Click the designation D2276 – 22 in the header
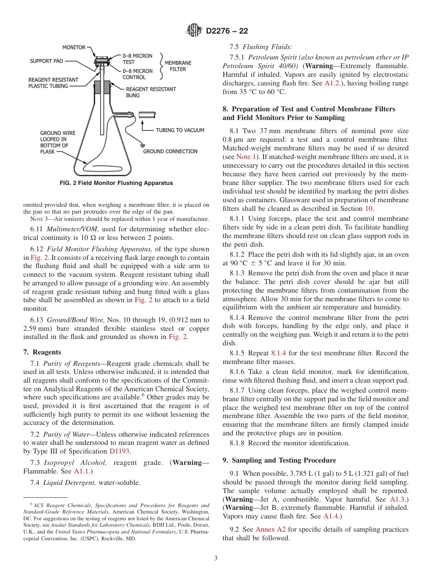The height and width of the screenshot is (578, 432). (227, 31)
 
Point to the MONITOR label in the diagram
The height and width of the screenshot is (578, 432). (74, 47)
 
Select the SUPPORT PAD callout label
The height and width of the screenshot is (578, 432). (46, 61)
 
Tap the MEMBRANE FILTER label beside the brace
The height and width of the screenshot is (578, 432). (178, 66)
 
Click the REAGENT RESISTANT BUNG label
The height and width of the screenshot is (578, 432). (151, 92)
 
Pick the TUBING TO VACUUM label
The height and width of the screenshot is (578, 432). (180, 130)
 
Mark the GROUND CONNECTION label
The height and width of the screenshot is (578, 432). (170, 151)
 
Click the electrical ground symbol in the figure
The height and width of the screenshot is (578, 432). (142, 146)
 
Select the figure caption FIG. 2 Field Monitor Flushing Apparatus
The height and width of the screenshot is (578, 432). (116, 183)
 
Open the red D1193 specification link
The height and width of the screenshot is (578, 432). (120, 451)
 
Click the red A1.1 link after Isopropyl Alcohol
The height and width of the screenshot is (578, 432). (82, 471)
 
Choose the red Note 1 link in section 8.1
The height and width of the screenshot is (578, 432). (246, 157)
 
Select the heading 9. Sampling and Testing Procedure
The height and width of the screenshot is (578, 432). (279, 460)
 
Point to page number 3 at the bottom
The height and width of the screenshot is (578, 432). (216, 558)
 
